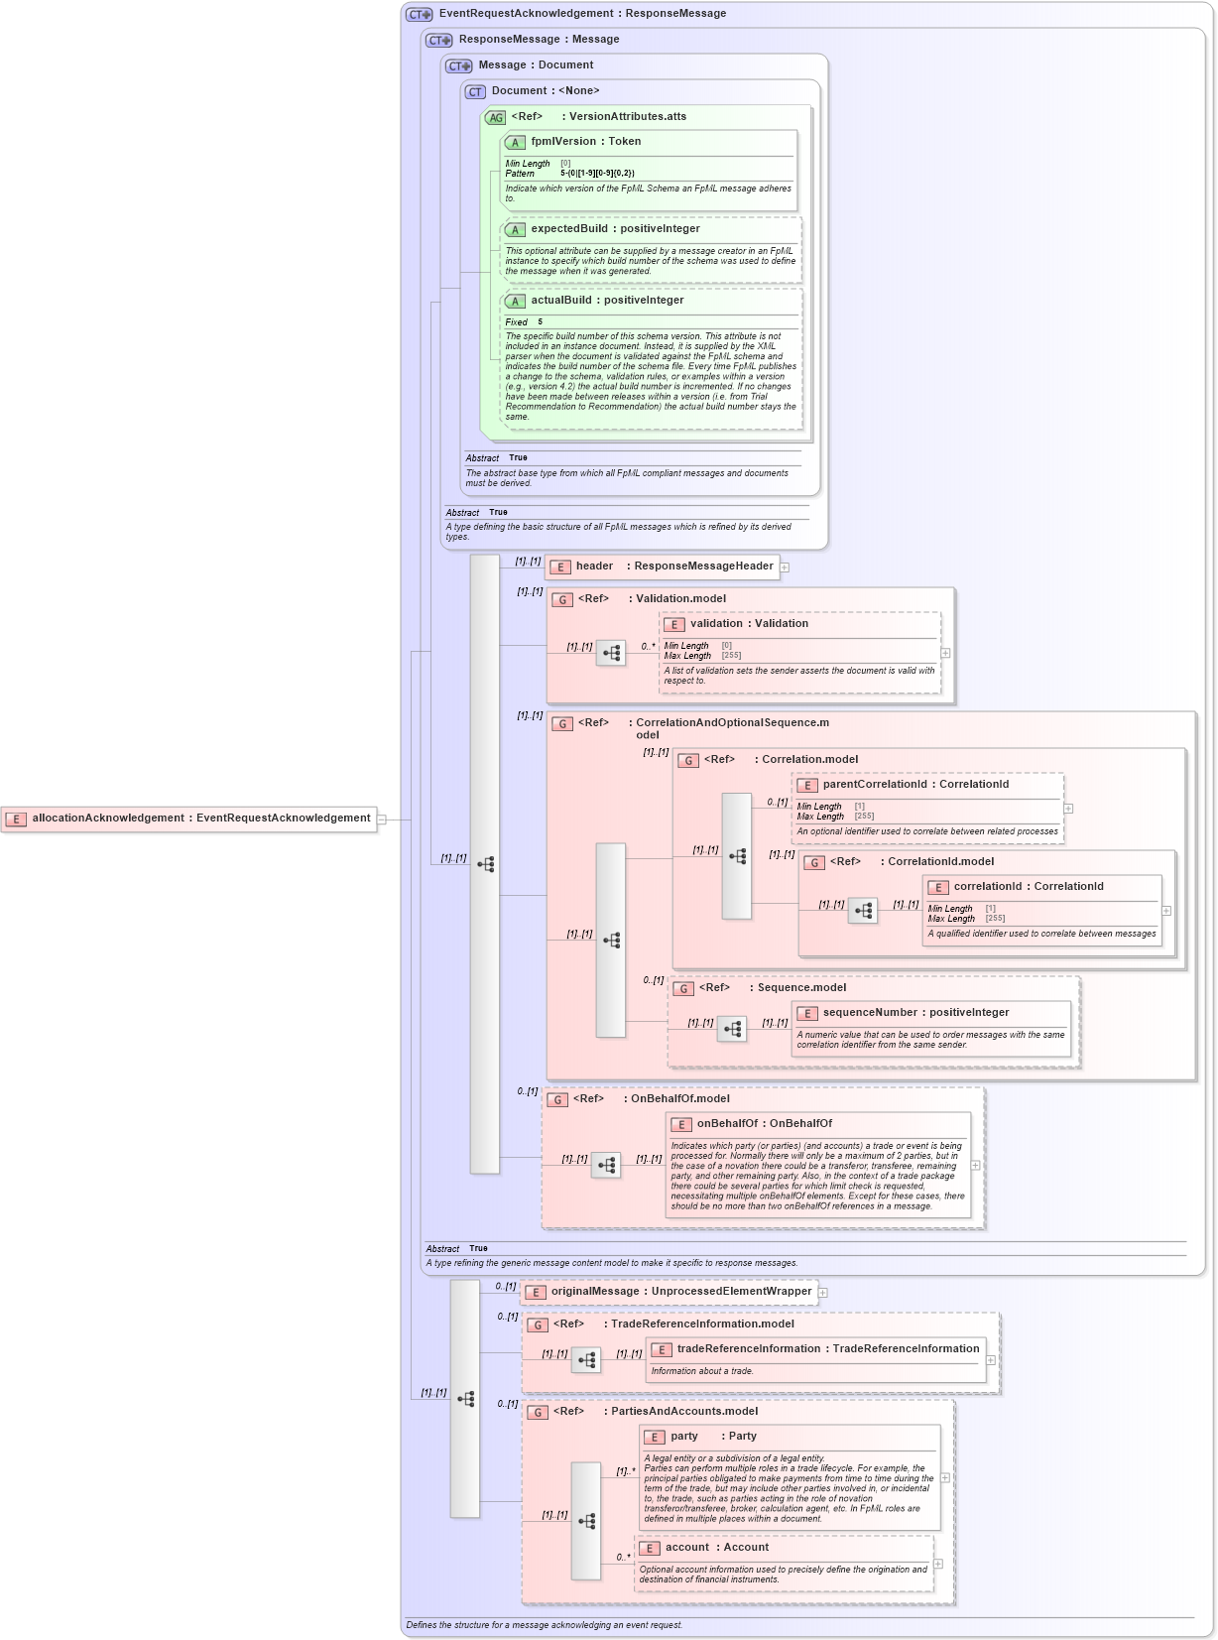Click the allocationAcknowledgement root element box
click(189, 819)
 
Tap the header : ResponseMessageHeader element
click(663, 567)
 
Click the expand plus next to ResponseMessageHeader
click(785, 568)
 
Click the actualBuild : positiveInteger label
click(607, 301)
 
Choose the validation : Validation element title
click(749, 624)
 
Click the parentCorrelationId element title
click(915, 785)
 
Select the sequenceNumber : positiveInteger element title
click(915, 1013)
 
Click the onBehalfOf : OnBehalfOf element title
click(764, 1124)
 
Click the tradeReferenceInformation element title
click(827, 1349)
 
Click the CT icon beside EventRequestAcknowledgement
click(420, 15)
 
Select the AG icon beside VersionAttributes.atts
click(495, 118)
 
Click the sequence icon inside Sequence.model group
click(732, 1029)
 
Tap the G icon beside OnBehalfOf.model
click(558, 1100)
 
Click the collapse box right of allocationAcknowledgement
click(382, 820)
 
